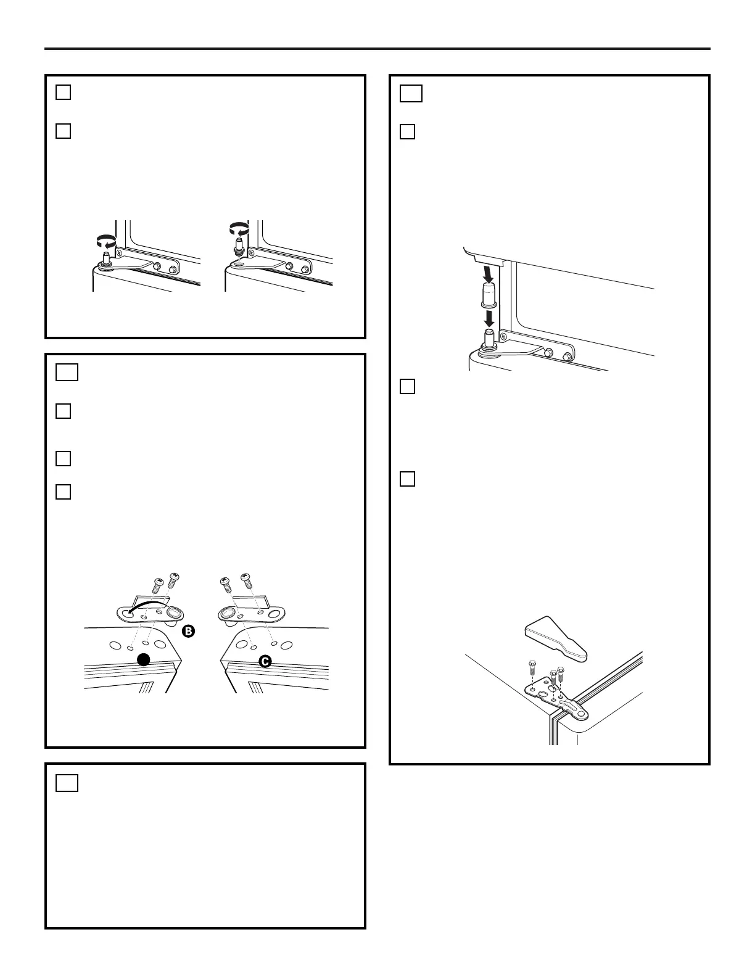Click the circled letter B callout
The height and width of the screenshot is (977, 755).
pyautogui.click(x=189, y=631)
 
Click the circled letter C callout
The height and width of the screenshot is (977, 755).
pyautogui.click(x=265, y=661)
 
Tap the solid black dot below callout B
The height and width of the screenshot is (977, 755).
pyautogui.click(x=144, y=660)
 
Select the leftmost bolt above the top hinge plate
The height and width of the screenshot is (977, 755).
pyautogui.click(x=532, y=667)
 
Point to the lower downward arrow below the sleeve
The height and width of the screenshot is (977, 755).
pyautogui.click(x=489, y=318)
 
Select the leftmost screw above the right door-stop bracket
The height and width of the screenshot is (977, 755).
pyautogui.click(x=226, y=582)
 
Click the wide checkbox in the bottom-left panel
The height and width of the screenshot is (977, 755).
pyautogui.click(x=67, y=783)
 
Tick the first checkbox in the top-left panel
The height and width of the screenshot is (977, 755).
pyautogui.click(x=64, y=92)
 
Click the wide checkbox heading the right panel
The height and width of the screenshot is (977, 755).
pyautogui.click(x=411, y=93)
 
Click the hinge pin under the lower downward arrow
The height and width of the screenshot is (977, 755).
pyautogui.click(x=488, y=337)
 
